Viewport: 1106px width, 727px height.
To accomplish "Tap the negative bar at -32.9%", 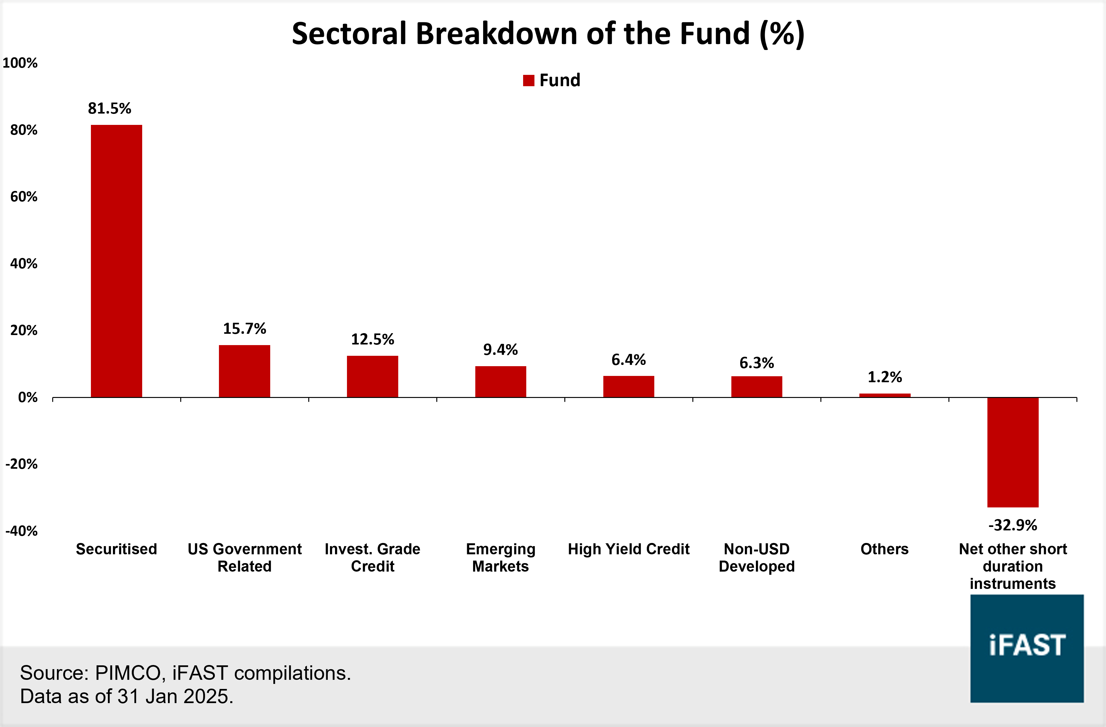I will point(1013,452).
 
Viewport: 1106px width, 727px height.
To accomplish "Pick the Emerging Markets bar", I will point(500,382).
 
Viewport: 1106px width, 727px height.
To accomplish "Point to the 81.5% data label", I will point(110,108).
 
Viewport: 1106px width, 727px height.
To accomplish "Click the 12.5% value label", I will point(372,339).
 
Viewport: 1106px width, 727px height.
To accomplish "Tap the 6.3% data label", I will point(757,363).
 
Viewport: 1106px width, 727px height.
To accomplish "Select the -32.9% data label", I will point(1013,525).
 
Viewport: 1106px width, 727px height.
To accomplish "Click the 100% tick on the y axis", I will point(20,63).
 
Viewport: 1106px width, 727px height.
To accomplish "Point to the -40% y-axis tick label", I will point(21,531).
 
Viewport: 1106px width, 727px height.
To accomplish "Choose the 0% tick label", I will point(28,397).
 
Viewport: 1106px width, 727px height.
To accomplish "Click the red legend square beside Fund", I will point(528,81).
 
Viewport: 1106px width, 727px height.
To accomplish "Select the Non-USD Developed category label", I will point(757,557).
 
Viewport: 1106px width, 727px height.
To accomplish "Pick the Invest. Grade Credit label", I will point(372,557).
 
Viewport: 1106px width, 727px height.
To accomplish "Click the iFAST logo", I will point(1026,648).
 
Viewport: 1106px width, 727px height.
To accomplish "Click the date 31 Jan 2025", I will point(173,696).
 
